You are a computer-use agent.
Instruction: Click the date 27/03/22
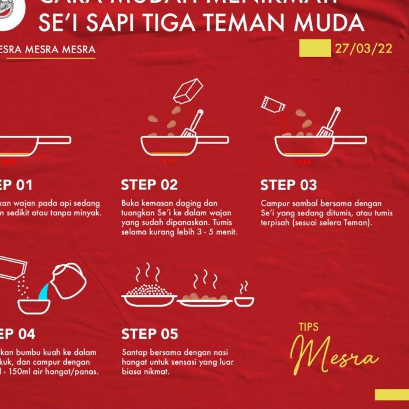[x=363, y=48]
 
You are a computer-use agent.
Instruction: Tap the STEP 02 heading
[x=149, y=185]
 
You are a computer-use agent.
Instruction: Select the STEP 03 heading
[x=289, y=185]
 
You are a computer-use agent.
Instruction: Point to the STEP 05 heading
[x=150, y=334]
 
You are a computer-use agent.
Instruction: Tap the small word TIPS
[x=308, y=327]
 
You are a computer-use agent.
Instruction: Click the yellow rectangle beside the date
[x=315, y=48]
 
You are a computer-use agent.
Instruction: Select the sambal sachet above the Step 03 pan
[x=271, y=104]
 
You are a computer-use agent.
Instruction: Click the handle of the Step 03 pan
[x=349, y=140]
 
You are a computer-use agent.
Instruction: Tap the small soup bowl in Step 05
[x=244, y=300]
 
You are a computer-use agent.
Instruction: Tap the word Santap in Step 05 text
[x=134, y=351]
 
